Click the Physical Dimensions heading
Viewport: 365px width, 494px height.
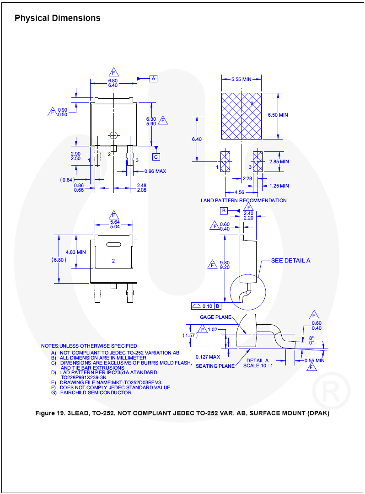pos(58,18)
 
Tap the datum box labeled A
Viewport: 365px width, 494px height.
pos(153,79)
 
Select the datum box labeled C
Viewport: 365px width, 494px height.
pos(156,156)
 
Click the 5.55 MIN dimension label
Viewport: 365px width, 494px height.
pos(241,80)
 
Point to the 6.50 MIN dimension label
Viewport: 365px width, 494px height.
pos(278,115)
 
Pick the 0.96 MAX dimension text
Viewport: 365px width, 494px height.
pos(155,171)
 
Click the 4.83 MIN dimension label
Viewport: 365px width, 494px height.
pos(75,252)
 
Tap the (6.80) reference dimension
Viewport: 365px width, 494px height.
pos(59,260)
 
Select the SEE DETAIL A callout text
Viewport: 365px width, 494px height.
pos(291,261)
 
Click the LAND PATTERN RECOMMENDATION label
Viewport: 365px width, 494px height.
pos(244,200)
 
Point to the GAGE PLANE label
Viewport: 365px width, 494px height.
pos(216,317)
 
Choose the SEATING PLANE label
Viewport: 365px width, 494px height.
pos(215,366)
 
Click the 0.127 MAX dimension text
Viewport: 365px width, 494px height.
pos(208,357)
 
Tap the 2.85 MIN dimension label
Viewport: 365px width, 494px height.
pos(279,161)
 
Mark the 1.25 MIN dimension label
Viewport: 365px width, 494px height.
pos(279,186)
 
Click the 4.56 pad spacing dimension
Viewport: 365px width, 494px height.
pos(239,192)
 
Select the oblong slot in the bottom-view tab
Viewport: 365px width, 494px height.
pos(113,244)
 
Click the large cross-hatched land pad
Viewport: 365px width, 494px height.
pos(241,116)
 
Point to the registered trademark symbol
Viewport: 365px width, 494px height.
pos(331,391)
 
